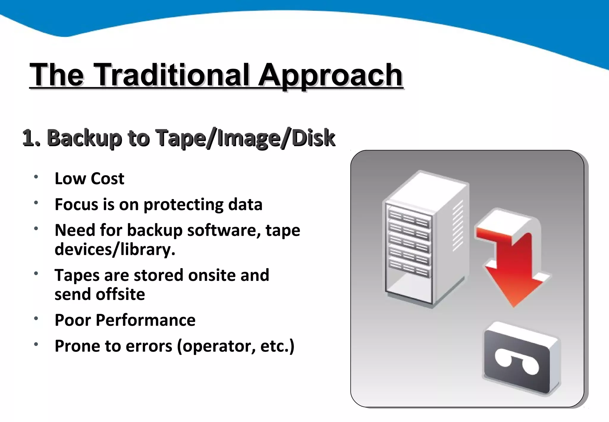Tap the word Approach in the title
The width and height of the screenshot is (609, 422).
coord(330,75)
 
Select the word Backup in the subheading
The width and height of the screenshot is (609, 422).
coord(84,138)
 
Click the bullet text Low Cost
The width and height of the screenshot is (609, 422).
coord(89,179)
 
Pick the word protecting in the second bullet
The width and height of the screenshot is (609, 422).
coord(183,205)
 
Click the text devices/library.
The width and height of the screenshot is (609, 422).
coord(115,249)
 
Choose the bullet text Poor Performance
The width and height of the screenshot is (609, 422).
coord(125,320)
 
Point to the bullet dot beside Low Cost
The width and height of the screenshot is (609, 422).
coord(36,177)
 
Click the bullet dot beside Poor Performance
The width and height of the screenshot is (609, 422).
coord(36,318)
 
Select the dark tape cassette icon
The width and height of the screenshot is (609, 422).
coord(520,360)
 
